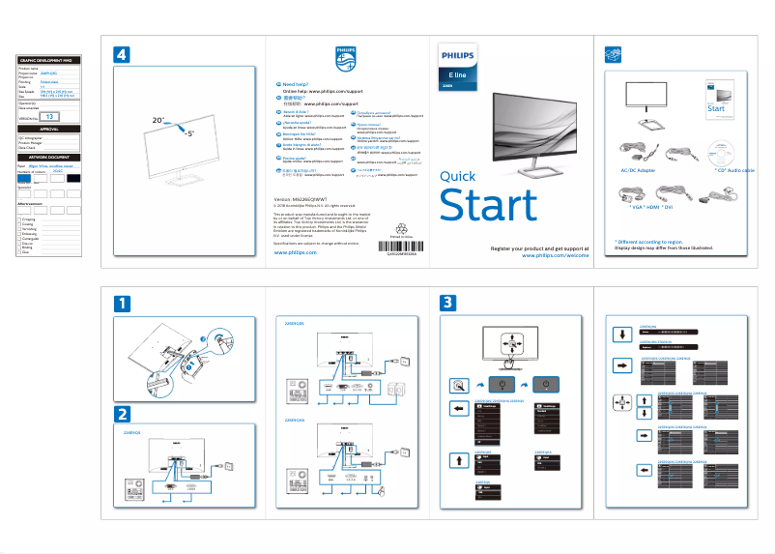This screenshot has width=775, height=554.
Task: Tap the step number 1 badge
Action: point(121,303)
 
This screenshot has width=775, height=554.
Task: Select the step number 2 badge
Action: point(121,414)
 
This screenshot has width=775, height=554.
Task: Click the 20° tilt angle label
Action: point(158,120)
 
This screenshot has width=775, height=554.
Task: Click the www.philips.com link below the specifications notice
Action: point(295,250)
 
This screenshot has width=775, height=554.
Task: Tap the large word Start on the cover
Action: point(487,206)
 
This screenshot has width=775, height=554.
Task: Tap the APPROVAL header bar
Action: point(49,129)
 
